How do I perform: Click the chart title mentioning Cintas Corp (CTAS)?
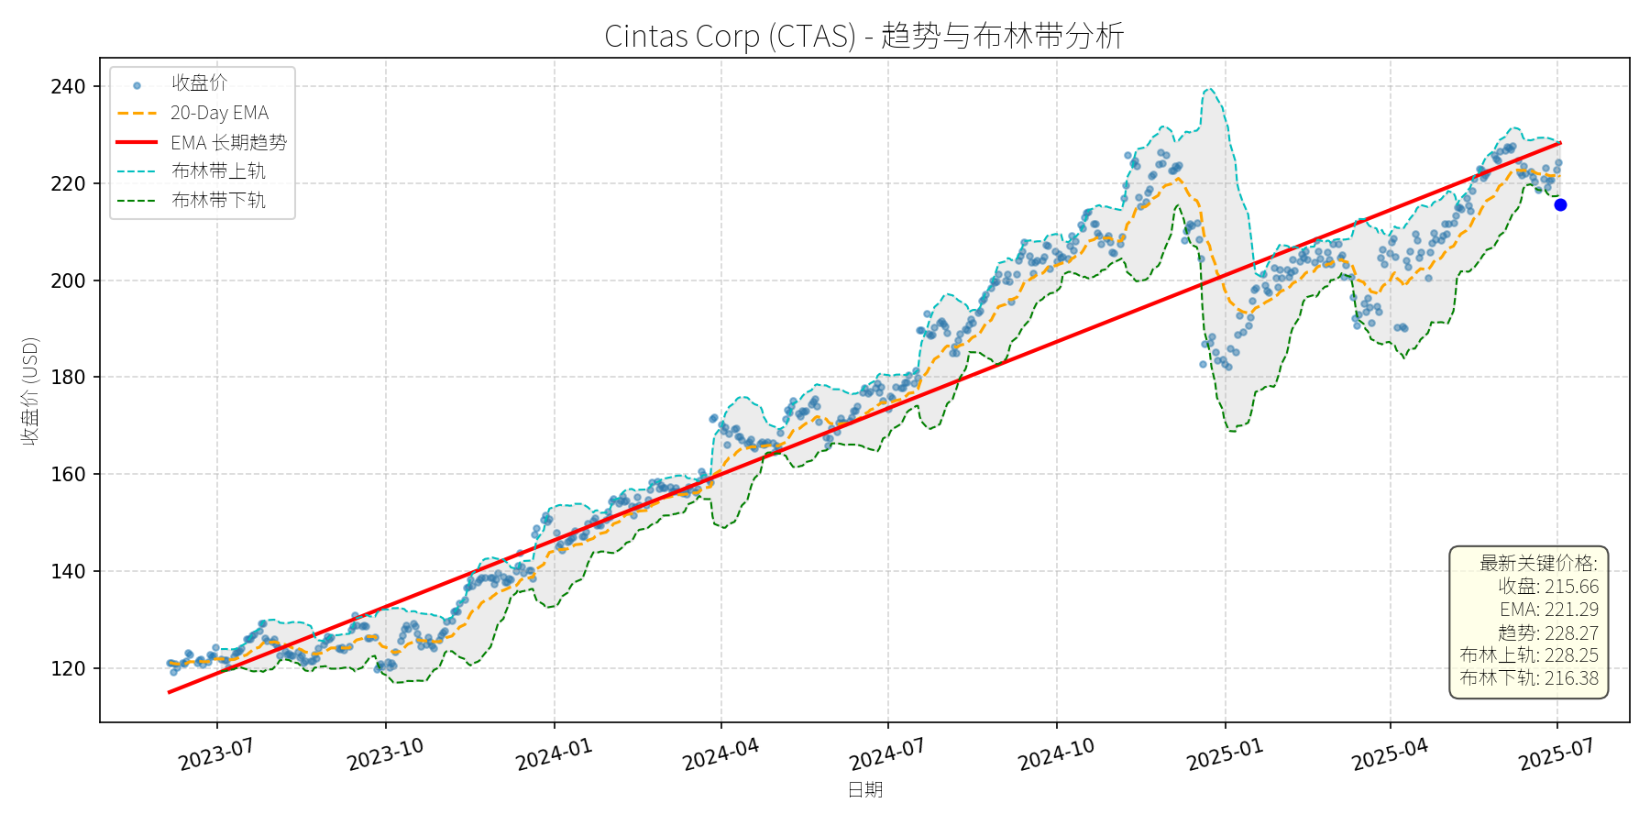point(863,36)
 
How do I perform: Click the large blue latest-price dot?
point(1560,204)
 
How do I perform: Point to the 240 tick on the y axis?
point(68,86)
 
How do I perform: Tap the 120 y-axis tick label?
point(68,668)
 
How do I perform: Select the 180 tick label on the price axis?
point(68,377)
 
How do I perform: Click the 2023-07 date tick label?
point(216,755)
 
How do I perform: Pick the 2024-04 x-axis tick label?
point(720,755)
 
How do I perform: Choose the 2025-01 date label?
point(1225,755)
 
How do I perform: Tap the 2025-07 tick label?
point(1556,755)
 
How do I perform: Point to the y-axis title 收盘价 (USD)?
point(30,391)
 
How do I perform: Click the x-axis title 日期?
point(864,790)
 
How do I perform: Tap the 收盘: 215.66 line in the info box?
point(1548,587)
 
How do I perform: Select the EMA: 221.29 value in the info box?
point(1549,610)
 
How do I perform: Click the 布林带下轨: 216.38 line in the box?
point(1529,678)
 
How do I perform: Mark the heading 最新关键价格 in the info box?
point(1538,563)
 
